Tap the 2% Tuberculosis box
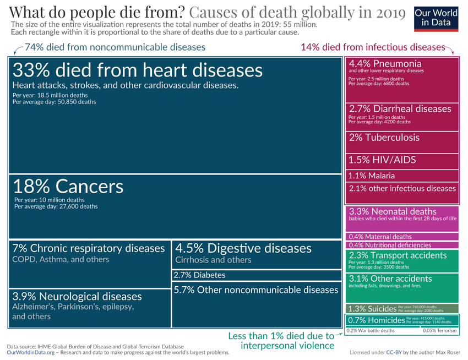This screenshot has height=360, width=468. click(401, 142)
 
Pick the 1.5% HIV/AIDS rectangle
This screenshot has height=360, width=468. click(401, 161)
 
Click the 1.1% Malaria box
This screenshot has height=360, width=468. click(401, 176)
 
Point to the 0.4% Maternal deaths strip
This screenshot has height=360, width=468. click(401, 237)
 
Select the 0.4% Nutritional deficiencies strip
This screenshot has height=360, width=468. click(401, 245)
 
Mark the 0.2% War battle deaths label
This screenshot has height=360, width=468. click(370, 331)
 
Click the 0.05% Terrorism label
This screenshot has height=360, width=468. click(439, 331)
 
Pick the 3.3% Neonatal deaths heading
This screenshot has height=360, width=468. click(392, 211)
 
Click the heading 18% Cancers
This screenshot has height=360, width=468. click(68, 186)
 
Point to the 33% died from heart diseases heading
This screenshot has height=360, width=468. click(137, 70)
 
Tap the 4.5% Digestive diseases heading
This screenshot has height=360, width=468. click(243, 248)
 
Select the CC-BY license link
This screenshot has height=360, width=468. click(393, 352)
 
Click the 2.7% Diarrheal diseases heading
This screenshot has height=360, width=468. click(400, 109)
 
